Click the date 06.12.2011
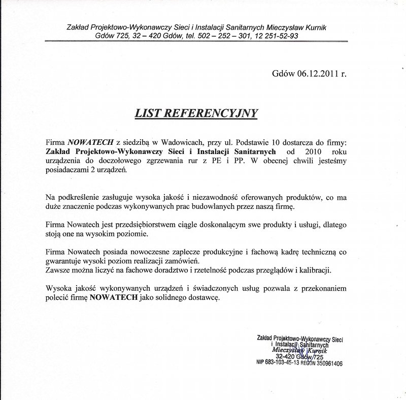coord(316,73)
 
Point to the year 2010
coord(306,151)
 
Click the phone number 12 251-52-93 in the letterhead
coord(274,36)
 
